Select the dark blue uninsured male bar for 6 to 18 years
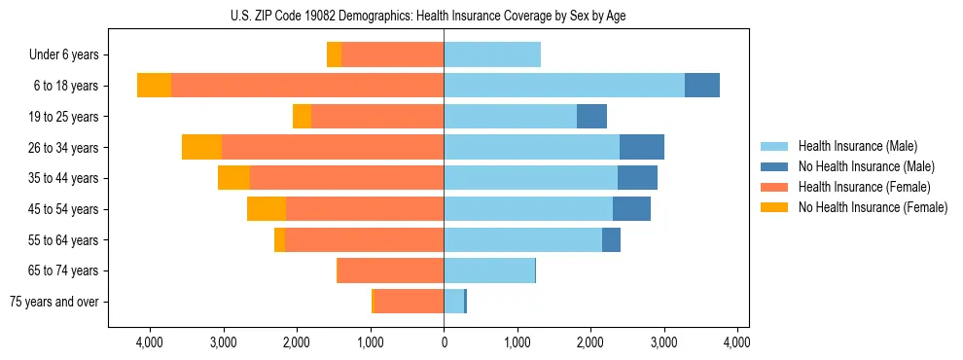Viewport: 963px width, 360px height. pos(701,86)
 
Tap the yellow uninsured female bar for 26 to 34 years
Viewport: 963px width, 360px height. pos(201,147)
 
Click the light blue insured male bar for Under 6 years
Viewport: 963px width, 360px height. pos(492,54)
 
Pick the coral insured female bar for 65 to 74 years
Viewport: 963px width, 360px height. pos(390,270)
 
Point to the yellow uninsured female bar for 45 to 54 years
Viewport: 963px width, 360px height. pos(267,209)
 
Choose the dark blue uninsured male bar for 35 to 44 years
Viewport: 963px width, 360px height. pos(637,178)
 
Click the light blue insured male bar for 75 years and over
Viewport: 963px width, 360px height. pos(454,302)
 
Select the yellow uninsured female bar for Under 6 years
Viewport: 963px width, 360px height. pos(334,54)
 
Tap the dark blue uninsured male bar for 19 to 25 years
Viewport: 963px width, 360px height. pos(591,117)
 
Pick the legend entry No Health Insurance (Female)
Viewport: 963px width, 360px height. pos(873,207)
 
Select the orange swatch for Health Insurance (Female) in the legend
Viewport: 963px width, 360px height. pos(774,187)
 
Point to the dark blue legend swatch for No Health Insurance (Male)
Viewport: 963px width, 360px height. pos(774,166)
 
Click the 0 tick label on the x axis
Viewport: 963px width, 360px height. pos(444,342)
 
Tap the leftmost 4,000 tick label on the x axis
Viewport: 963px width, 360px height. pos(150,342)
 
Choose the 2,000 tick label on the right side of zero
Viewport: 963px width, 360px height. pos(590,342)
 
